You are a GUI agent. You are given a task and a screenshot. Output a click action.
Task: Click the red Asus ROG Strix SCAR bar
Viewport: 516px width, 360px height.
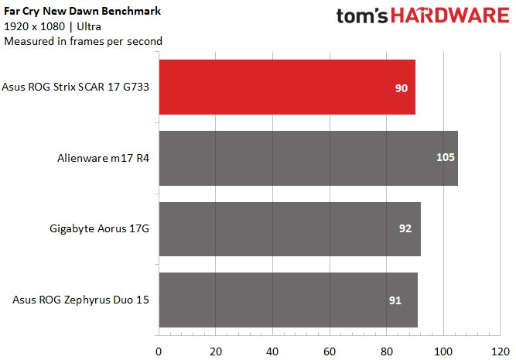[287, 87]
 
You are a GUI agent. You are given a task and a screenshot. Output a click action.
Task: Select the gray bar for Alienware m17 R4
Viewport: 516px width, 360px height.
[309, 158]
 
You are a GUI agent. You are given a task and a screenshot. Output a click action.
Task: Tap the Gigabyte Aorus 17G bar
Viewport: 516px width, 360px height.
[290, 229]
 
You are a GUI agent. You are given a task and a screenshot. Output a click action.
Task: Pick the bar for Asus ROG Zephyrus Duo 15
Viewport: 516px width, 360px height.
[289, 300]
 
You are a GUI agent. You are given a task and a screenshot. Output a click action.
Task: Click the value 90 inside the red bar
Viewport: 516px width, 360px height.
[402, 88]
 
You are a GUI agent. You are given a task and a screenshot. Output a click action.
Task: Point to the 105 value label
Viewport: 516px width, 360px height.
[446, 157]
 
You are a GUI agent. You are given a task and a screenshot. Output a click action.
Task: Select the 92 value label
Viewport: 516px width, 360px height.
[405, 228]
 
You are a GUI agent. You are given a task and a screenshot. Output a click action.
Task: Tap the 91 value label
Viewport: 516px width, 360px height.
[395, 300]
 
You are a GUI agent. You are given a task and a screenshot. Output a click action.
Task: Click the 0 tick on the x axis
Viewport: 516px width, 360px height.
[159, 351]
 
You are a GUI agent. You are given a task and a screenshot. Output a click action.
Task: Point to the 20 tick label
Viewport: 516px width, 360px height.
[216, 351]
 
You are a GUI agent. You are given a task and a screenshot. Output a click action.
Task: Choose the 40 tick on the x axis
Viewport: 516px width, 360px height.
[272, 351]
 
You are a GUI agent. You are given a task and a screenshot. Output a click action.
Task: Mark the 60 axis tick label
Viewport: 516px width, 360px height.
[330, 351]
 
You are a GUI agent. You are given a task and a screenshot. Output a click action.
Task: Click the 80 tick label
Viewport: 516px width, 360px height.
[387, 351]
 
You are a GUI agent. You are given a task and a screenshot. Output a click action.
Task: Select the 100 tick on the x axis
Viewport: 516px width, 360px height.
[443, 351]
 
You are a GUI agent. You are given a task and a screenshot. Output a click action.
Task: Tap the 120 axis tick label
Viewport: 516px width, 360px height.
[501, 351]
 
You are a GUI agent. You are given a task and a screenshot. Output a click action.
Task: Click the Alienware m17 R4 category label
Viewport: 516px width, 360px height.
[104, 158]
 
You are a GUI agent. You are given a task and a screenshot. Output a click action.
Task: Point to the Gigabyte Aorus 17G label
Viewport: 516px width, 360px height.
[99, 229]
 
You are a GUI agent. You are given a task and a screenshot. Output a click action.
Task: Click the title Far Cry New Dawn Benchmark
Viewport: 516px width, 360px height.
[82, 11]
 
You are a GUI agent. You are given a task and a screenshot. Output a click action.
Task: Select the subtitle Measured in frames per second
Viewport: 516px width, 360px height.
[83, 42]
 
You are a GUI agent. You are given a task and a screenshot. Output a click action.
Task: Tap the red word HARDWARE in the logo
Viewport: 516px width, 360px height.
[450, 15]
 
